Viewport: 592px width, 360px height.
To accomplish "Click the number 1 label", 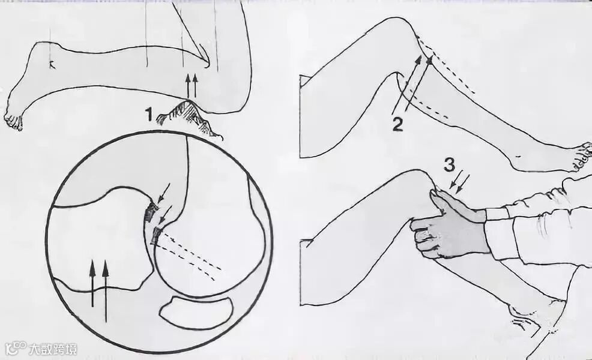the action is coord(150,115).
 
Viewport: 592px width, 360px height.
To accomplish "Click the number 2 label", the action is coord(397,125).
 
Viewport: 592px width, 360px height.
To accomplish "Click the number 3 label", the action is coord(449,164).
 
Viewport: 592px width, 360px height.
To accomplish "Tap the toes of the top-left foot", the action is coord(13,122).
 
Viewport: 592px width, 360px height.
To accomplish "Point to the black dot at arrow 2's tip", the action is coord(429,61).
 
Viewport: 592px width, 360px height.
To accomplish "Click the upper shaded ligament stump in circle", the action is coord(152,212).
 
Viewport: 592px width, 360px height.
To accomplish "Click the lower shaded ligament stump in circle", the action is coord(156,236).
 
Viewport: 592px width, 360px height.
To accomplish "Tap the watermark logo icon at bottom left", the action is coord(16,349).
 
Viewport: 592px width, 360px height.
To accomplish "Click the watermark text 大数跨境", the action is coord(53,349).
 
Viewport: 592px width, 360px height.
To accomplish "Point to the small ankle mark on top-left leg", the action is coord(52,65).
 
